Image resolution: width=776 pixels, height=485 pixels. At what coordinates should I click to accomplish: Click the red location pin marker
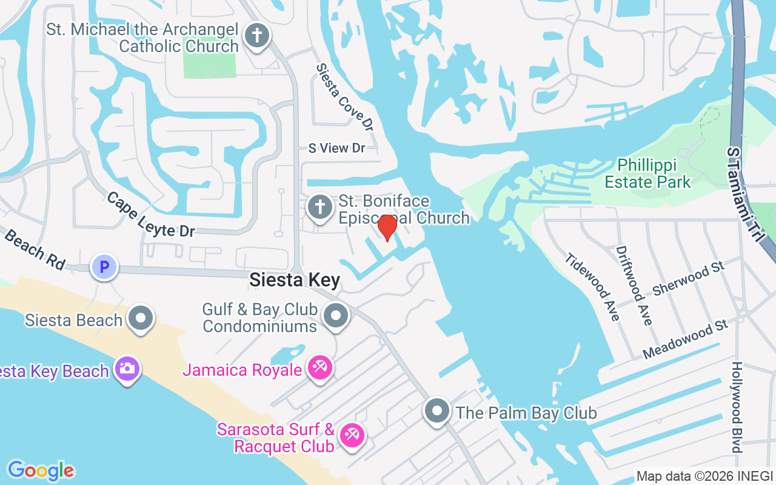(x=387, y=227)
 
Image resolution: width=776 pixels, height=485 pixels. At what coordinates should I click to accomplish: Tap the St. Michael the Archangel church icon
(x=257, y=35)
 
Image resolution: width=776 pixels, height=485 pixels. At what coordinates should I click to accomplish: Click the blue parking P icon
(x=104, y=266)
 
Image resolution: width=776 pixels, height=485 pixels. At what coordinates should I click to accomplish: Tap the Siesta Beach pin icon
(x=141, y=317)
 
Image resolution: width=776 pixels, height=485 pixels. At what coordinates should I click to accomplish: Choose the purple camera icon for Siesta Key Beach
(x=126, y=368)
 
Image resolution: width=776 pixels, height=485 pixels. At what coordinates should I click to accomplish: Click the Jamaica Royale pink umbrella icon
(x=319, y=367)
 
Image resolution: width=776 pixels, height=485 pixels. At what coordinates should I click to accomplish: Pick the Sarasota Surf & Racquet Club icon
(x=352, y=434)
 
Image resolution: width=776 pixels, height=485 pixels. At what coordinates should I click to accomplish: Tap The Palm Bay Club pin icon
(x=437, y=411)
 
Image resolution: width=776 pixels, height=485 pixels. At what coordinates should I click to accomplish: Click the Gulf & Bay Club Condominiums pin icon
(x=336, y=315)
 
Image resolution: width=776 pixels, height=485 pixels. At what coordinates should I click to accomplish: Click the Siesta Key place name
(x=295, y=280)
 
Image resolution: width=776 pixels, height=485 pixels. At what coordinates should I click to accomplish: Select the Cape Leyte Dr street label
(x=150, y=214)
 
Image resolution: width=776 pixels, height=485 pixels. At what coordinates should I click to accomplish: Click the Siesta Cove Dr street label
(x=345, y=97)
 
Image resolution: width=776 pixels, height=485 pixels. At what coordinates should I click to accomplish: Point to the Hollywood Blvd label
(x=737, y=407)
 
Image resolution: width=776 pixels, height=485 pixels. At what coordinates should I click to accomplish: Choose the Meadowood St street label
(x=685, y=339)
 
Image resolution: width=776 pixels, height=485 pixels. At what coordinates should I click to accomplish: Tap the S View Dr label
(x=336, y=148)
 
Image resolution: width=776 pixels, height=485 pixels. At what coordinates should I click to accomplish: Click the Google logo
(x=41, y=470)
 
